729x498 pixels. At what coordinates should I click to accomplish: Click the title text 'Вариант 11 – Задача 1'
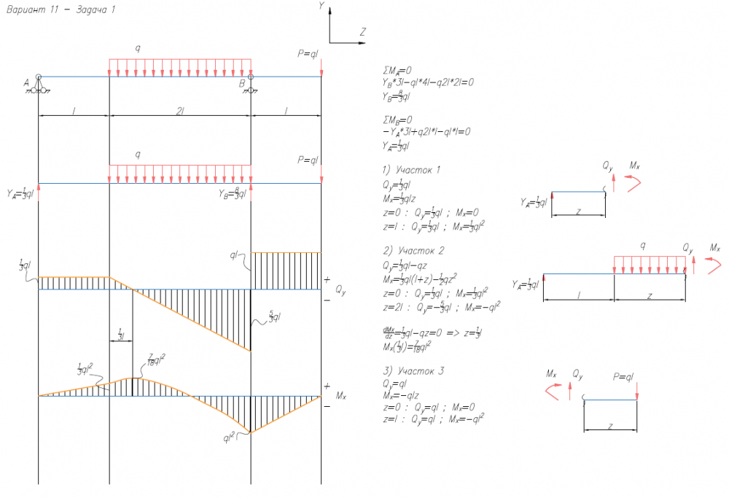click(x=60, y=9)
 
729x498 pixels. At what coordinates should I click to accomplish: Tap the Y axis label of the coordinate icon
click(x=321, y=6)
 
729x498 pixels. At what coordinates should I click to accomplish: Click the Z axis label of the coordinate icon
click(x=362, y=32)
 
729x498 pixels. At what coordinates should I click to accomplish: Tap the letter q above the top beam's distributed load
click(x=137, y=48)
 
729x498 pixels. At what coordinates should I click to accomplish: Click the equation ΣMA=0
click(x=397, y=71)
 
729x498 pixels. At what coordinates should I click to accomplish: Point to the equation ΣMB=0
click(x=397, y=120)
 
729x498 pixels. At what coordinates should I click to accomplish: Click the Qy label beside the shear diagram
click(x=340, y=290)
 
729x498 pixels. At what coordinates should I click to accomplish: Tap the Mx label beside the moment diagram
click(x=340, y=396)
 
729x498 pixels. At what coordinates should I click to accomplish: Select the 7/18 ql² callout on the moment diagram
click(x=156, y=359)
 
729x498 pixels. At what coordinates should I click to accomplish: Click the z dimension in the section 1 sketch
click(x=579, y=211)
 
